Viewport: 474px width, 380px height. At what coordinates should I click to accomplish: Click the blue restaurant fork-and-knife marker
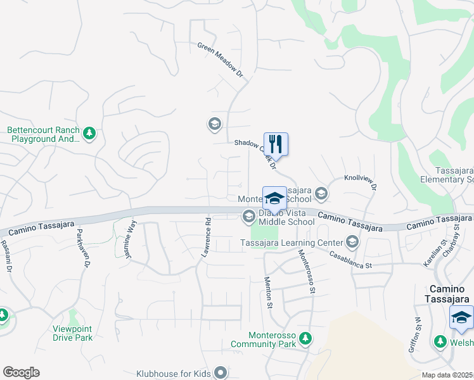click(276, 144)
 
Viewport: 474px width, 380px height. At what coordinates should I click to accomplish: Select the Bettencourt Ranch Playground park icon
click(89, 132)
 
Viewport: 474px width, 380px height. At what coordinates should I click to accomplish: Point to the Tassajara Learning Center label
click(291, 242)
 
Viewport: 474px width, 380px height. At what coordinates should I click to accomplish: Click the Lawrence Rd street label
click(206, 237)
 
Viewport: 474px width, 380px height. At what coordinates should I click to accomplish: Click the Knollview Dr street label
click(361, 183)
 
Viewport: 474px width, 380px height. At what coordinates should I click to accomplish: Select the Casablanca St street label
click(350, 260)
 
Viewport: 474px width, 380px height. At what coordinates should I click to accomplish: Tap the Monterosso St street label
click(307, 270)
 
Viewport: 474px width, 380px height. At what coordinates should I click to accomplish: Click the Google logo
click(21, 372)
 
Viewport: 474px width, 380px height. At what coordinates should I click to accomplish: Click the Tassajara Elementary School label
click(446, 175)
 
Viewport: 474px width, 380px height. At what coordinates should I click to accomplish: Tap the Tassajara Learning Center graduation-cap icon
click(352, 242)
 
